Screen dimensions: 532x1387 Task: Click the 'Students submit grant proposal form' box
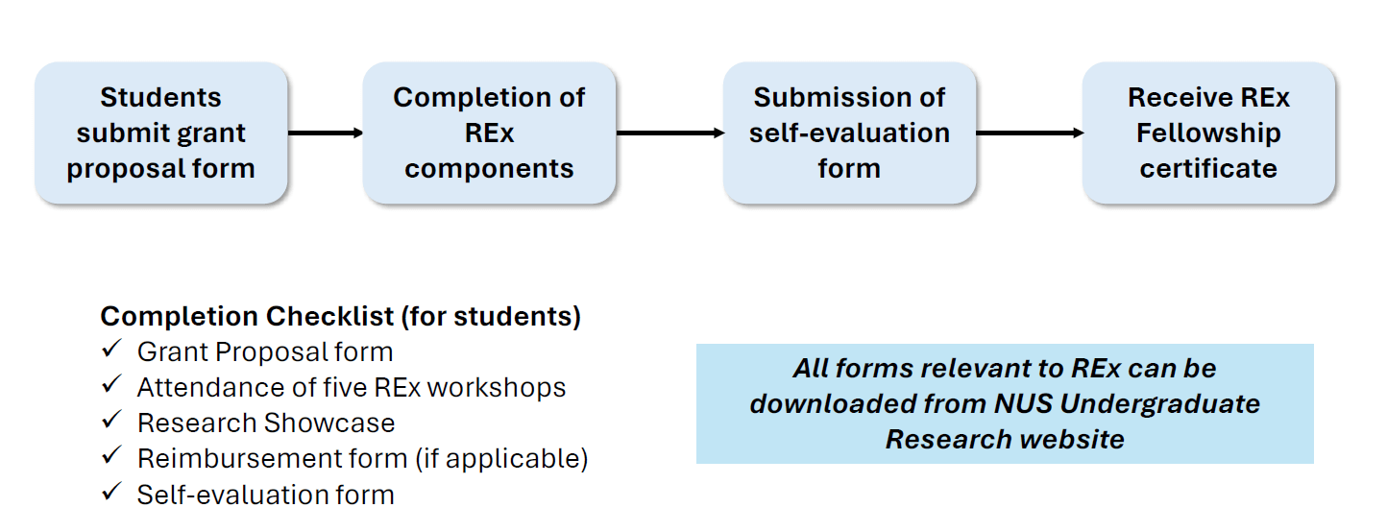[x=160, y=133]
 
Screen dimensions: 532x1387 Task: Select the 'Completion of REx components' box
[x=489, y=133]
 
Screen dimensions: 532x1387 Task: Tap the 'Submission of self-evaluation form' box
[x=849, y=133]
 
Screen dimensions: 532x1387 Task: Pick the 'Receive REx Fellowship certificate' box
[x=1208, y=133]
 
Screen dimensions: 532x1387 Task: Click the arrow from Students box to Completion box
[x=325, y=133]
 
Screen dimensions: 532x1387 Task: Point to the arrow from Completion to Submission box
[x=669, y=133]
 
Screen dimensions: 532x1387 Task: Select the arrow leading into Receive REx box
[x=1029, y=133]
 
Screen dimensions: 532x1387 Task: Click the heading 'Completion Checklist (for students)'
[x=340, y=317]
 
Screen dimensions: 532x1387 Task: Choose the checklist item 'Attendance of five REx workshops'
[x=352, y=388]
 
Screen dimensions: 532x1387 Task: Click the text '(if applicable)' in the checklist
[x=501, y=459]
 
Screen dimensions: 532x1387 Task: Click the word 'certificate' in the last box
[x=1208, y=168]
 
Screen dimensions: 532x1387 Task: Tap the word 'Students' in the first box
[x=160, y=97]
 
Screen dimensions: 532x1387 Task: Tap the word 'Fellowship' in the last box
[x=1208, y=133]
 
